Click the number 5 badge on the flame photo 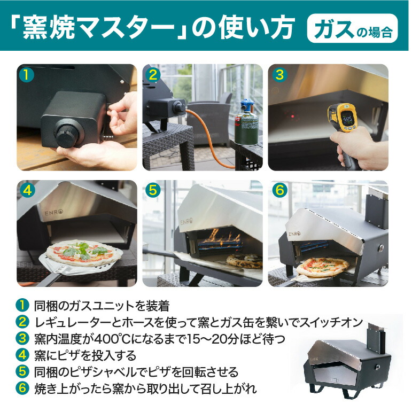[152, 190]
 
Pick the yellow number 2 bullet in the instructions [22, 322]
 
